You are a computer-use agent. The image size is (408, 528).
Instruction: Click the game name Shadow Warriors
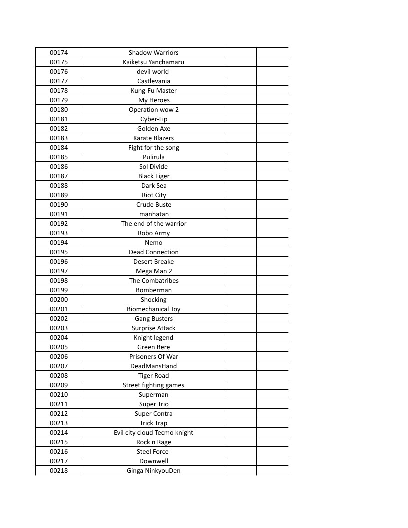coord(153,53)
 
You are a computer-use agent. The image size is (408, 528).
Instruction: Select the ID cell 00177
coord(59,81)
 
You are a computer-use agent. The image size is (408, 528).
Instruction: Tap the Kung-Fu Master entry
coord(153,91)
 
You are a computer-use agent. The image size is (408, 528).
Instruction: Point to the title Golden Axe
coord(153,129)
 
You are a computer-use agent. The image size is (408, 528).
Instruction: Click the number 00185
coord(59,157)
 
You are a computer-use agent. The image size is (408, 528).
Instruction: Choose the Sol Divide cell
coord(153,167)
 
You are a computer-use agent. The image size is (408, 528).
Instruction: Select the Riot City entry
coord(153,195)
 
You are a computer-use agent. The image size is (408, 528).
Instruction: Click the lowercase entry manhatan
coord(153,214)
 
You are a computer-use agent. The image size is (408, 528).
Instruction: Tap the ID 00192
coord(59,224)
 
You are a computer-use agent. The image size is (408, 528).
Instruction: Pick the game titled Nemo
coord(153,243)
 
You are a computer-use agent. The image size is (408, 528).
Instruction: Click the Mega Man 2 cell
coord(153,271)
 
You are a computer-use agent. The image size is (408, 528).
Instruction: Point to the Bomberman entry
coord(153,290)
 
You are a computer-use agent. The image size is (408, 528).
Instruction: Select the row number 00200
coord(59,300)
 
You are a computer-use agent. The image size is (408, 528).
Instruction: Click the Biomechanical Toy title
coord(153,309)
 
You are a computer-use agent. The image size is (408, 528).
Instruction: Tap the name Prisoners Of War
coord(153,357)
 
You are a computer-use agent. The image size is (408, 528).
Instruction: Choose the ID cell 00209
coord(59,385)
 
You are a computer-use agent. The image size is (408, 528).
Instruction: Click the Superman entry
coord(153,395)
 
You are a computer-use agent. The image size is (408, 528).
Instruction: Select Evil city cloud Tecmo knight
coord(153,433)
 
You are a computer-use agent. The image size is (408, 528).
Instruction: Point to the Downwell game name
coord(153,461)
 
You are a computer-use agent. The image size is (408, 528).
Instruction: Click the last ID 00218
coord(59,471)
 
